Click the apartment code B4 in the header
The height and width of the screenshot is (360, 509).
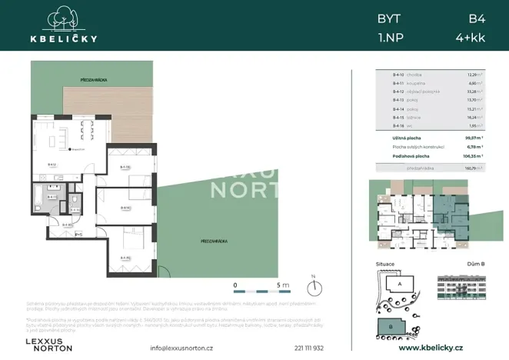pyautogui.click(x=477, y=17)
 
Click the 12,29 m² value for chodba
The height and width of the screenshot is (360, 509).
pyautogui.click(x=474, y=75)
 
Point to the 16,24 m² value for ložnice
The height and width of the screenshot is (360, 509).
pyautogui.click(x=474, y=118)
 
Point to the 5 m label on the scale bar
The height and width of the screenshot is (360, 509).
pyautogui.click(x=282, y=285)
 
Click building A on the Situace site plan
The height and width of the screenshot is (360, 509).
pyautogui.click(x=401, y=284)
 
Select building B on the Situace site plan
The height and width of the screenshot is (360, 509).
pyautogui.click(x=391, y=326)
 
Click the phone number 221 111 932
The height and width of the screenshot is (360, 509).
pyautogui.click(x=308, y=348)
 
